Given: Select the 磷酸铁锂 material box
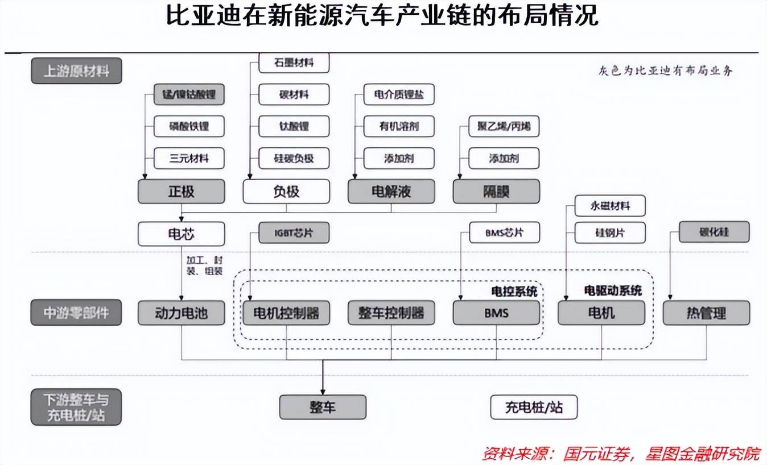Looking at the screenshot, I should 189,126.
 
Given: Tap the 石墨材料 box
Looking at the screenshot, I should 294,63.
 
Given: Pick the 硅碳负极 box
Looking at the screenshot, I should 294,158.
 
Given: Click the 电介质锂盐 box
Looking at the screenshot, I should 399,94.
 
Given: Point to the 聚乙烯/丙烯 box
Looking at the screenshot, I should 504,126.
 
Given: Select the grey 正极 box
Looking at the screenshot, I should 182,191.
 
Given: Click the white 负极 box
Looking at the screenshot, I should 286,191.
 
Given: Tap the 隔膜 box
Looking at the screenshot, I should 496,191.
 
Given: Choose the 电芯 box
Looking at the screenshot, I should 182,234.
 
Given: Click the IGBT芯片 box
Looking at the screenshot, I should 294,232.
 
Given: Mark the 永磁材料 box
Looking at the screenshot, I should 610,206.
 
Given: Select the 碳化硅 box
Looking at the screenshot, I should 714,232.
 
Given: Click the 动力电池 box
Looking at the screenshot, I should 182,313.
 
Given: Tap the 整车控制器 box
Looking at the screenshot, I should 391,313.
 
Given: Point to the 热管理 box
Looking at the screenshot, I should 706,313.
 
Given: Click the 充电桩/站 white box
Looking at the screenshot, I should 534,407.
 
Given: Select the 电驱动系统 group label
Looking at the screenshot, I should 613,290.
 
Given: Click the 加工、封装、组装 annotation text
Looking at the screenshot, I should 204,265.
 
